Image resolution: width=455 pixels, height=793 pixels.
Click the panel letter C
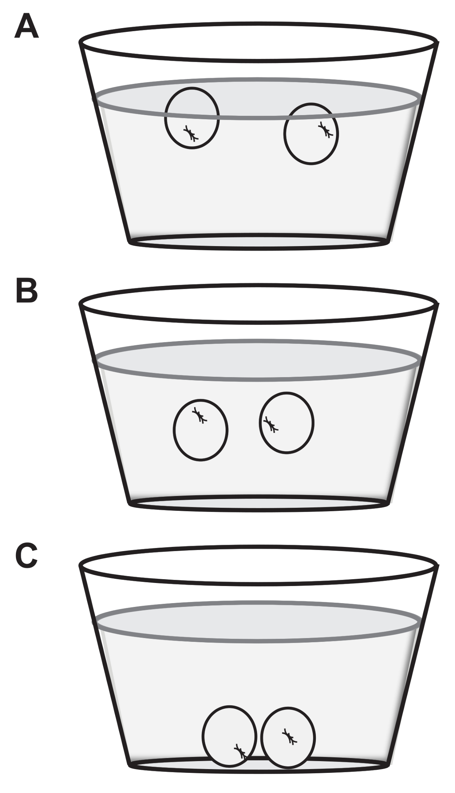(27, 557)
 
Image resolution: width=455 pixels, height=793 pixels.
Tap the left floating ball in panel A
(192, 118)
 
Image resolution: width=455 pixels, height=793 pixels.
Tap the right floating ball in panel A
(311, 134)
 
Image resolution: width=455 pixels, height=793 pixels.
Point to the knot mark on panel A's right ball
(325, 130)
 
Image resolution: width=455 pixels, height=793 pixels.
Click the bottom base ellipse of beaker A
(258, 242)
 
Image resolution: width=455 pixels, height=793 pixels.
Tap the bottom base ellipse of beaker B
(258, 503)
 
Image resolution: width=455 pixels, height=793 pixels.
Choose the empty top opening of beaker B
(258, 304)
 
